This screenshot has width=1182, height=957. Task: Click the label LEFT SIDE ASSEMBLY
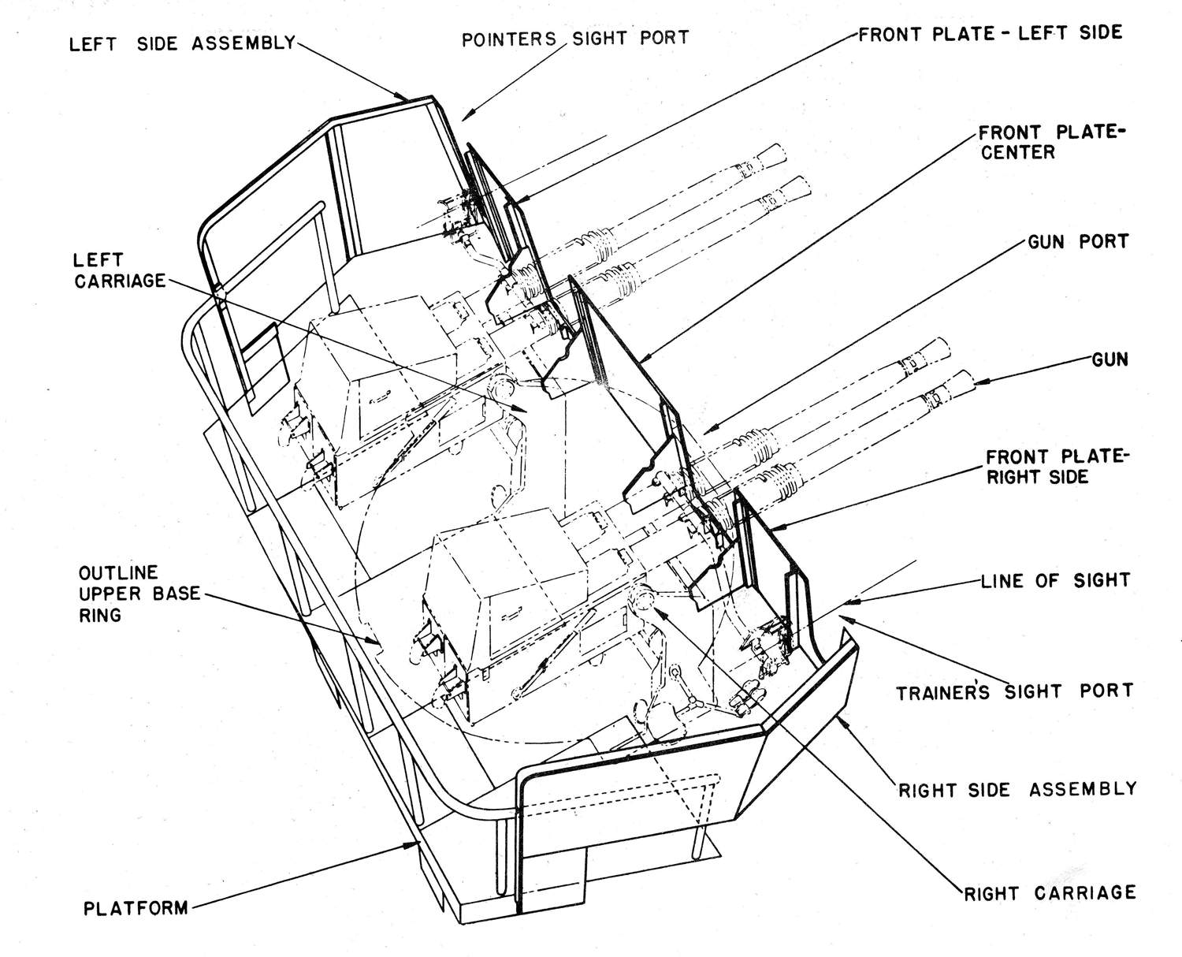coord(182,43)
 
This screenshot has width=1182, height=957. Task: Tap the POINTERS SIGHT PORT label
coord(575,38)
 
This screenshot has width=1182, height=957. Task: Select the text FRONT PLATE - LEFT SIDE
coord(990,33)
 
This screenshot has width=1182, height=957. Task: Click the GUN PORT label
coord(1078,241)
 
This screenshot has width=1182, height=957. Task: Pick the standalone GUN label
coord(1110,360)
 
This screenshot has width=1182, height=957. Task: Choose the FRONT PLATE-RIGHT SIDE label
coord(1057,466)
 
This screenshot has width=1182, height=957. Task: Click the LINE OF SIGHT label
coord(1055,581)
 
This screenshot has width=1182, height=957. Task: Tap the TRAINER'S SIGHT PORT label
coord(1014,692)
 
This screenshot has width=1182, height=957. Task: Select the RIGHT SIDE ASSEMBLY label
coord(1017,789)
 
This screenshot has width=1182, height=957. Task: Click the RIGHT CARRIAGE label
coord(1050,892)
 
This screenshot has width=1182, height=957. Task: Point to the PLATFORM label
coord(136,908)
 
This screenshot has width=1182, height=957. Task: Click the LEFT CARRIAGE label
coord(120,270)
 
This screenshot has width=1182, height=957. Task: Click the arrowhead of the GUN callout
coord(977,383)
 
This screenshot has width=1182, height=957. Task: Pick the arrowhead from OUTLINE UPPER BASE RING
coord(382,644)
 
